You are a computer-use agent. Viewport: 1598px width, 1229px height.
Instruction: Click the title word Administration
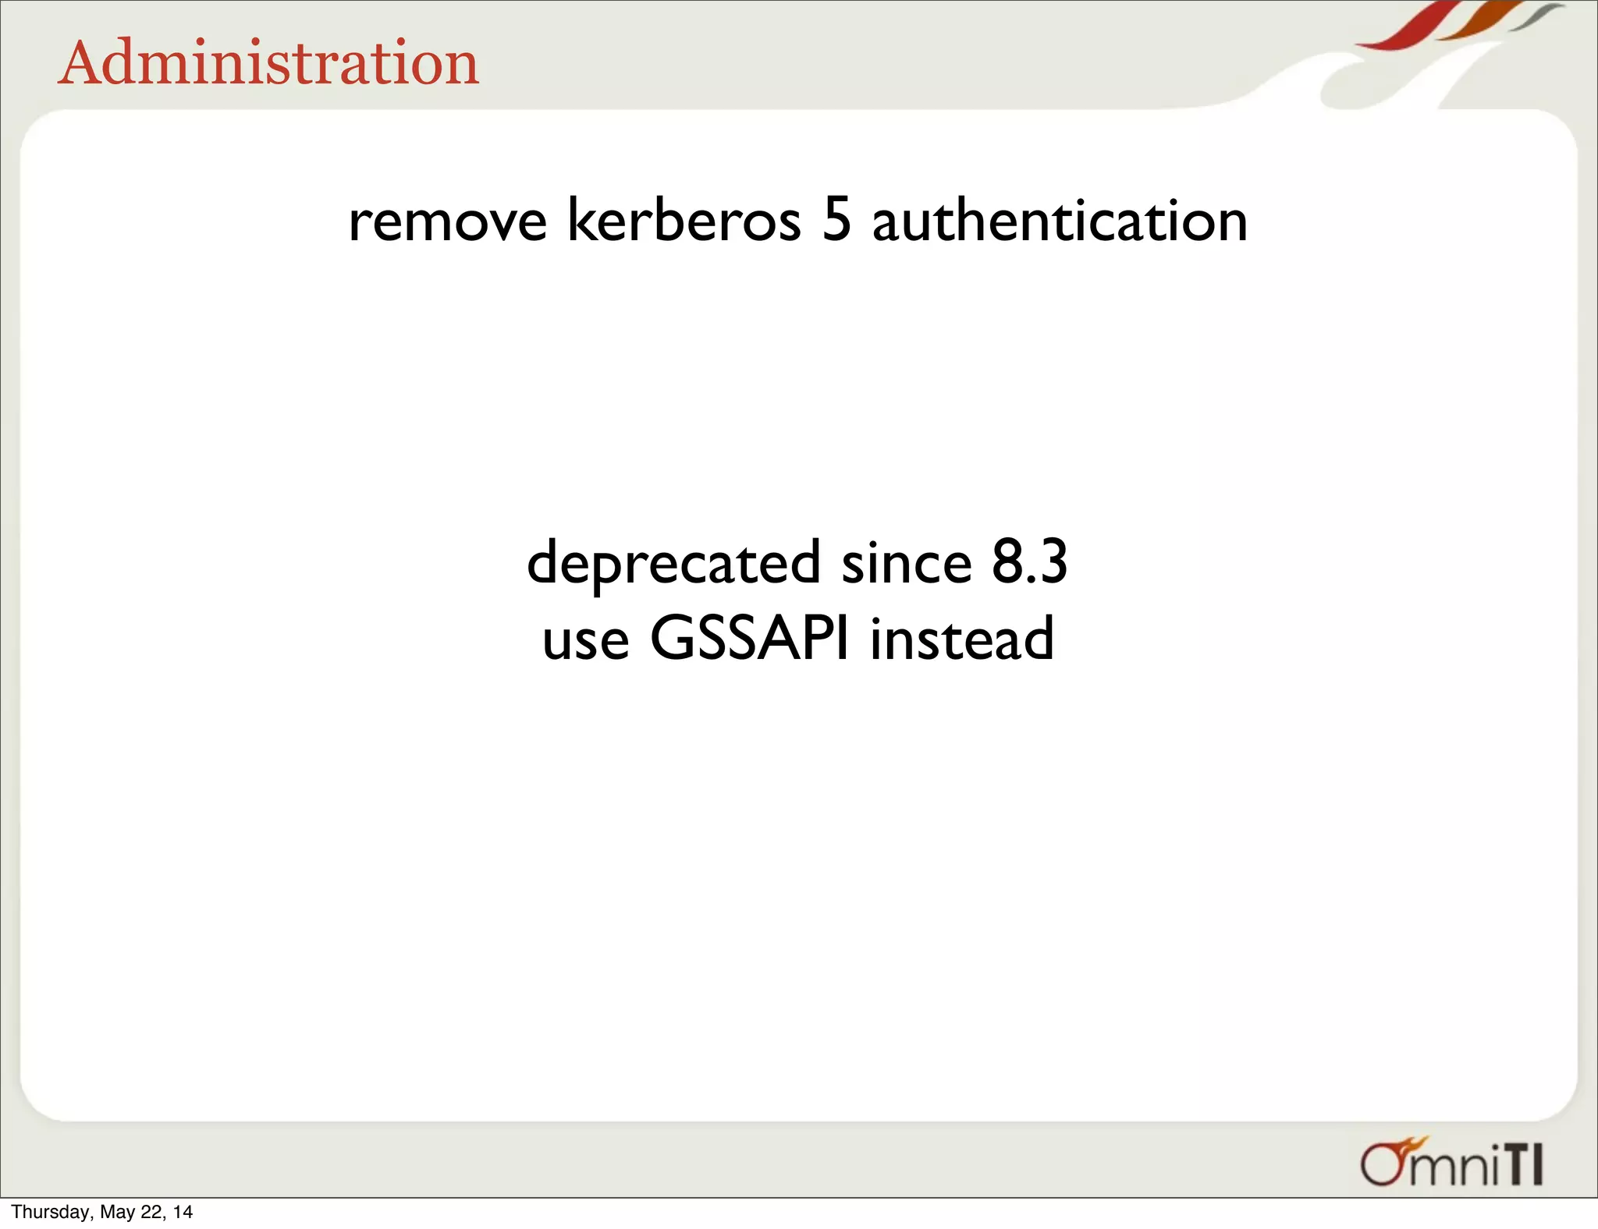[x=268, y=63]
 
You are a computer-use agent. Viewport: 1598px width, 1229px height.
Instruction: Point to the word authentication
[x=1059, y=221]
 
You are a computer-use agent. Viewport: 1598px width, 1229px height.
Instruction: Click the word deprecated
[x=673, y=563]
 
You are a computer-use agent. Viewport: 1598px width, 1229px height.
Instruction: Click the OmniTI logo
[x=1452, y=1163]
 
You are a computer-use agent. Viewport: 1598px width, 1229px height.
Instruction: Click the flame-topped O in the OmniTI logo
[x=1383, y=1163]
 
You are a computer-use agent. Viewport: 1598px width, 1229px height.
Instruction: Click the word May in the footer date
[x=118, y=1212]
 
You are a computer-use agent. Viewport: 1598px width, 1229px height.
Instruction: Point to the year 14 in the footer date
[x=183, y=1212]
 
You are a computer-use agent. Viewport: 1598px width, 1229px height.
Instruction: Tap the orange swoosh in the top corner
[x=1473, y=23]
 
